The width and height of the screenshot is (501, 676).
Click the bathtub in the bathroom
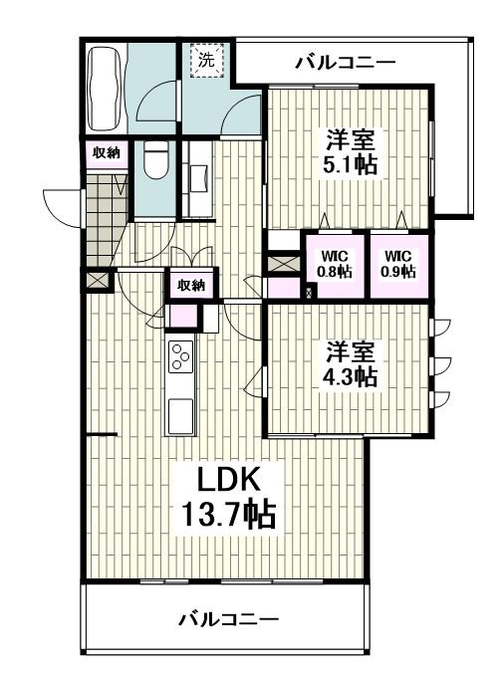(105, 89)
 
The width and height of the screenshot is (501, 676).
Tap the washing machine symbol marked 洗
(207, 61)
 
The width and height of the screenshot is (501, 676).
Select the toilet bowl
(155, 160)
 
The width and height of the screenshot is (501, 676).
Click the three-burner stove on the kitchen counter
(181, 356)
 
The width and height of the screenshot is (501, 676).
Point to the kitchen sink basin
(180, 416)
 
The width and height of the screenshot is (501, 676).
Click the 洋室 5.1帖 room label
(350, 151)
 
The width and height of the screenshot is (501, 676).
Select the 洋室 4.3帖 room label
(350, 363)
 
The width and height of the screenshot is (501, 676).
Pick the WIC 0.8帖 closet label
(334, 264)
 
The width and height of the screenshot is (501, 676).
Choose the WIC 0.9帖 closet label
(399, 264)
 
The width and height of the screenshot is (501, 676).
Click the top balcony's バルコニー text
(345, 63)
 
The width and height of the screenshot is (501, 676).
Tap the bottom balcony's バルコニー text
(228, 620)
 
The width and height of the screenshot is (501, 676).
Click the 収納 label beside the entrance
(107, 152)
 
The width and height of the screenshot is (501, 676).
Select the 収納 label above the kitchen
(191, 285)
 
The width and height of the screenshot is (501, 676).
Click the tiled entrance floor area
(104, 220)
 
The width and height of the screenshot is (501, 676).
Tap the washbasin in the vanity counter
(201, 178)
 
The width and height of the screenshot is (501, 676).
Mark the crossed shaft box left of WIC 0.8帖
(284, 264)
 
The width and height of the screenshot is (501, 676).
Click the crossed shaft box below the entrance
(97, 281)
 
